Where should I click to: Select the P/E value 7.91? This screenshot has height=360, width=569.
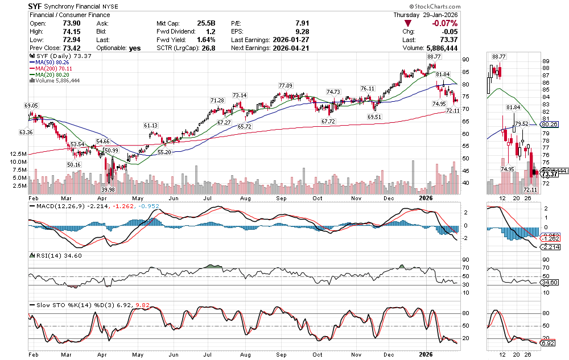302,23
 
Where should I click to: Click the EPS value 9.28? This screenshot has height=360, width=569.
302,31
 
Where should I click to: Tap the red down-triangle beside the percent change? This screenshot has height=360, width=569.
407,23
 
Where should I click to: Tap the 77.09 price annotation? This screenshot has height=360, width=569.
285,85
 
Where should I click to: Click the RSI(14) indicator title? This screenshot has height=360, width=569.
43,256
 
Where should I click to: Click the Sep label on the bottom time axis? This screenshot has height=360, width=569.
282,353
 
